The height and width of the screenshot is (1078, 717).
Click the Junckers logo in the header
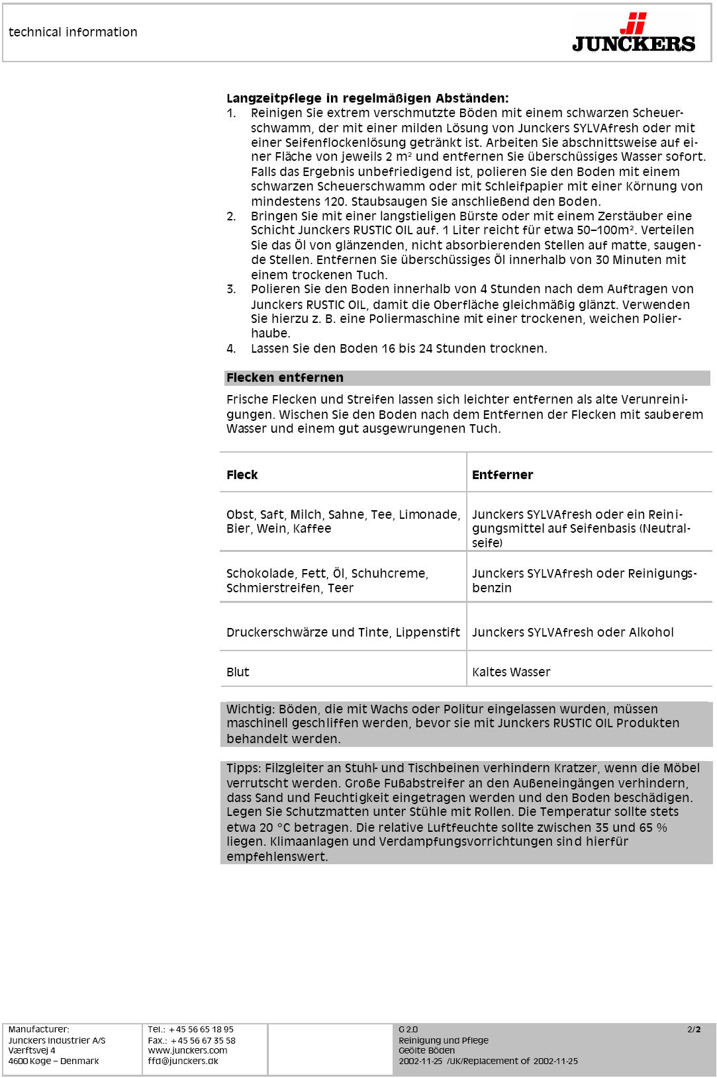click(x=634, y=33)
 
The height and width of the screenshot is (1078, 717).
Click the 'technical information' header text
click(x=73, y=32)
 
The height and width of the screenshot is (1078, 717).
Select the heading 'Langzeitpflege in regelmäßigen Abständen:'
click(x=367, y=99)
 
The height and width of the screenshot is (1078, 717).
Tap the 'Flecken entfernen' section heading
click(x=285, y=377)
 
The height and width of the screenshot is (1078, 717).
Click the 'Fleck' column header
click(x=242, y=474)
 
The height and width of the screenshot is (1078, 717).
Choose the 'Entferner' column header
click(x=502, y=474)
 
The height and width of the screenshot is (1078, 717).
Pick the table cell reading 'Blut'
click(x=238, y=672)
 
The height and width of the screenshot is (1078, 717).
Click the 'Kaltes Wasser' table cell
click(x=511, y=672)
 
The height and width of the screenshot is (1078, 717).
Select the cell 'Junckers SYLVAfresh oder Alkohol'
click(x=573, y=632)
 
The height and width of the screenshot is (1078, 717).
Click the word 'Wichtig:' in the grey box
click(x=250, y=709)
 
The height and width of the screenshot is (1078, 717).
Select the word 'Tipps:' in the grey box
click(x=244, y=768)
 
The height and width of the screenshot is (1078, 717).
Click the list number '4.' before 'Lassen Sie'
click(x=231, y=348)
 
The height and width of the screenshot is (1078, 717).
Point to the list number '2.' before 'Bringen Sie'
click(x=231, y=216)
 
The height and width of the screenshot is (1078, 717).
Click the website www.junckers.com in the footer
click(x=187, y=1050)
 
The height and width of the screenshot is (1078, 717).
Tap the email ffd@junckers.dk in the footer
click(x=183, y=1061)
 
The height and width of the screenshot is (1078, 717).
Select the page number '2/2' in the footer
click(x=694, y=1029)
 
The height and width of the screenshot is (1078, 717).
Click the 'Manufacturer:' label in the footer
click(x=38, y=1029)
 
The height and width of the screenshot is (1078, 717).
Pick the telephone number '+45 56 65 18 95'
click(x=201, y=1029)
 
